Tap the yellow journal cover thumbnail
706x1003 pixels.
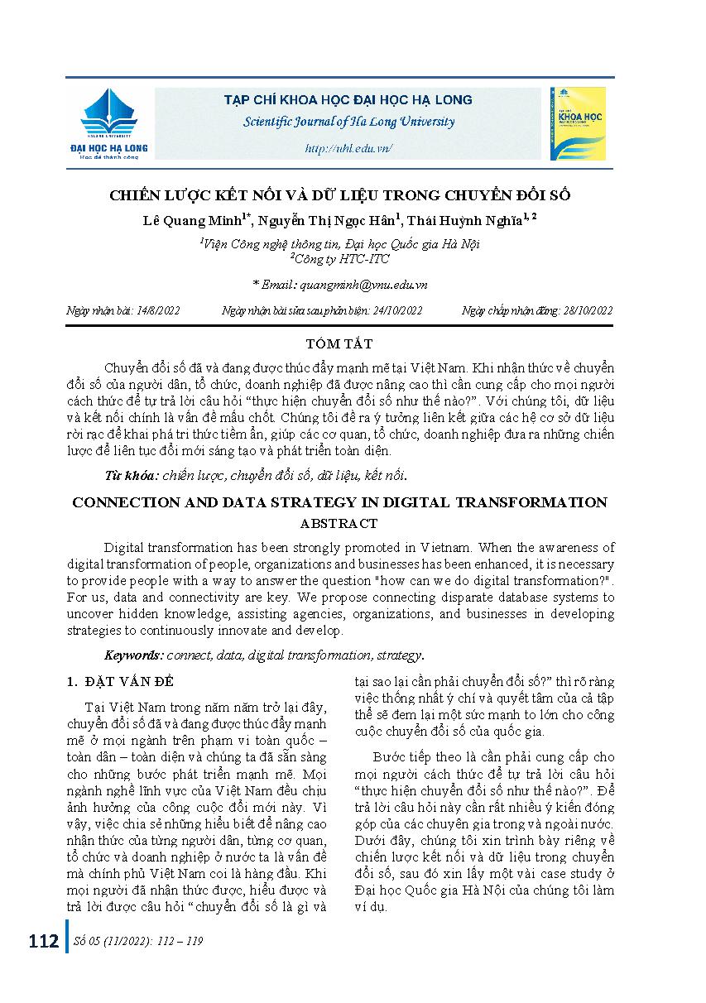[577, 123]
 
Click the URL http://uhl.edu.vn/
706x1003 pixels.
[348, 148]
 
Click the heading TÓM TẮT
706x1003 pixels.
[351, 343]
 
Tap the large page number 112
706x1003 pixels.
[43, 942]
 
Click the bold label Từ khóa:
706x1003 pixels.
[131, 475]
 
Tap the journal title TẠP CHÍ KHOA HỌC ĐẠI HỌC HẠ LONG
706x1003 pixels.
[348, 99]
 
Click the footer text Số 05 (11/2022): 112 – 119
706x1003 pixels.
[139, 942]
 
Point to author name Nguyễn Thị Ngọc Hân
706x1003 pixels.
[330, 220]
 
